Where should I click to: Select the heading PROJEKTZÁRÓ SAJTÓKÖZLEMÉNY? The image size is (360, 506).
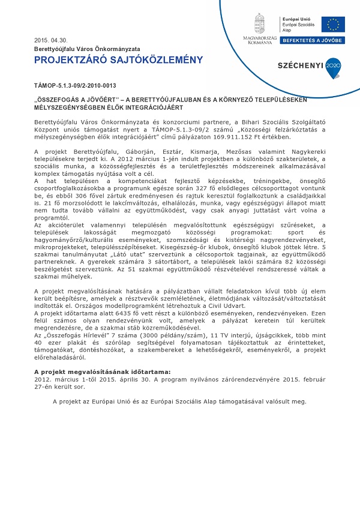coord(118,59)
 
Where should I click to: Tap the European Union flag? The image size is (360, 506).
coord(332,24)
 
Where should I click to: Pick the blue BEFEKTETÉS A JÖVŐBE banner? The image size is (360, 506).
coord(313,40)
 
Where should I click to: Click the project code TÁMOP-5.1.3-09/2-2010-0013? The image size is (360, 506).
coord(74,86)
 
